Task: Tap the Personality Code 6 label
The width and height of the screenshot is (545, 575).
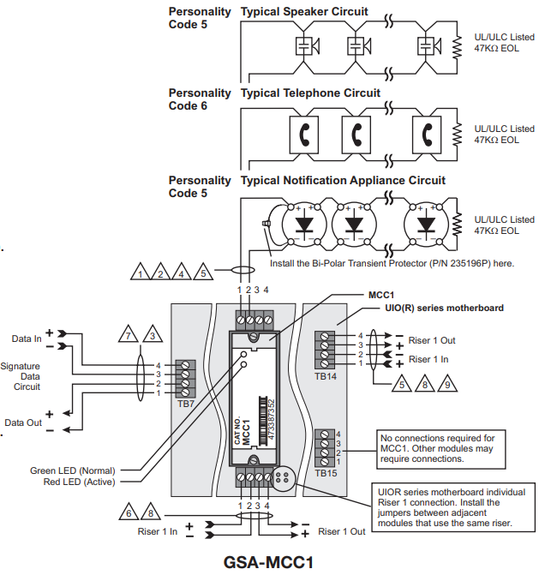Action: (x=200, y=99)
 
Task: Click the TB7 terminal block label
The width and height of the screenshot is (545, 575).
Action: (x=186, y=402)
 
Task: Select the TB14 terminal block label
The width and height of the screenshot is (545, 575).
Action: (x=326, y=375)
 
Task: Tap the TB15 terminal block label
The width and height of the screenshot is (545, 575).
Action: (x=326, y=472)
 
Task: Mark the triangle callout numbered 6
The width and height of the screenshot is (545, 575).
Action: (x=129, y=513)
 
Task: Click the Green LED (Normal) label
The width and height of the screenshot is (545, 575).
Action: (x=74, y=470)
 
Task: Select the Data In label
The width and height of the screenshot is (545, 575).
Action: (x=26, y=338)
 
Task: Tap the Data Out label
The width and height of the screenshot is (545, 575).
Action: (x=25, y=422)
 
